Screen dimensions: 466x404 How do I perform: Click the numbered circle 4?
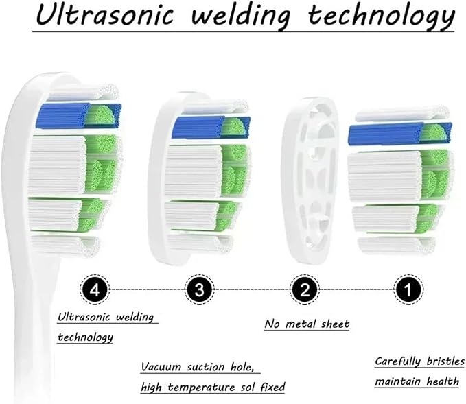point(95,289)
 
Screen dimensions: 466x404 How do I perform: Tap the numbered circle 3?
point(200,289)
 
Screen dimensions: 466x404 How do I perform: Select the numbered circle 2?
point(305,289)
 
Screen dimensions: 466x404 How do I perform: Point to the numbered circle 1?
point(408,289)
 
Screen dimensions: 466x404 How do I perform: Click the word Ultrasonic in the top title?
point(104,14)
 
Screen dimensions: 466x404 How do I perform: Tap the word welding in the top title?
point(240,16)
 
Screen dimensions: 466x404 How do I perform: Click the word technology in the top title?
point(382,16)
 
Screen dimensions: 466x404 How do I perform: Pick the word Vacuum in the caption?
point(161,367)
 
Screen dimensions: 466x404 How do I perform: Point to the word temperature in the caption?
point(201,388)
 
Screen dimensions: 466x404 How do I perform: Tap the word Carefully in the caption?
point(397,361)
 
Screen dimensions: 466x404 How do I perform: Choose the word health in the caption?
point(443,381)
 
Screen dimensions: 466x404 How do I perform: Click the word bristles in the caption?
point(445,361)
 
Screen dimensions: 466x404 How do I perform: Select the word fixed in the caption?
point(272,387)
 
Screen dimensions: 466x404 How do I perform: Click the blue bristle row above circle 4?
point(78,115)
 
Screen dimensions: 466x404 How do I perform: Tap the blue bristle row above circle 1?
point(399,134)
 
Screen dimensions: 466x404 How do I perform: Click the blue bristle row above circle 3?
point(211,128)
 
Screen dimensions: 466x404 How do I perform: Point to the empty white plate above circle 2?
point(310,180)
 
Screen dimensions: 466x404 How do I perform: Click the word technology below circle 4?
point(85,337)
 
